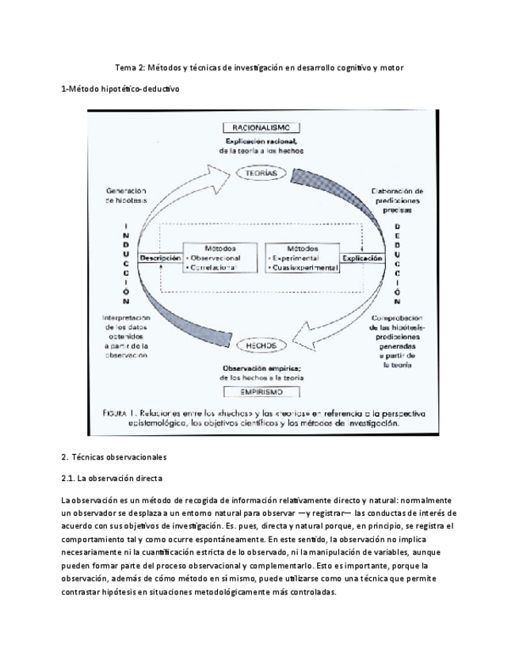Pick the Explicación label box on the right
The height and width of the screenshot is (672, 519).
click(x=361, y=258)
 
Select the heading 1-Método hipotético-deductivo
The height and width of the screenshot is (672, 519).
click(x=120, y=90)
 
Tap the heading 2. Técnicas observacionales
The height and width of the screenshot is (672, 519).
click(x=114, y=457)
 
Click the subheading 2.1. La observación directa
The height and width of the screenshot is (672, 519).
click(x=112, y=479)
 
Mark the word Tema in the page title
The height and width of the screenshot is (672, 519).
click(x=126, y=67)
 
